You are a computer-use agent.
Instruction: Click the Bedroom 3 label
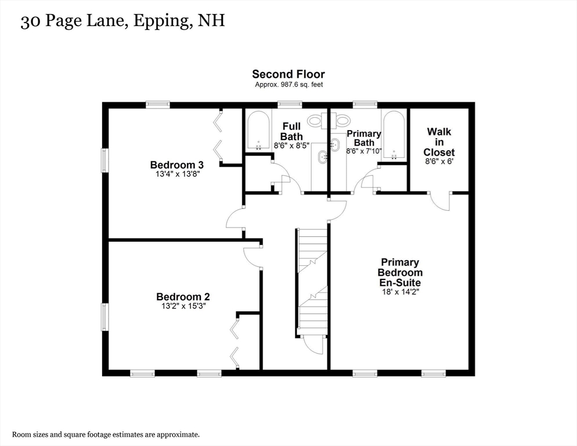pos(177,164)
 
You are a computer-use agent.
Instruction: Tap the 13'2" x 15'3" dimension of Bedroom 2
pos(183,306)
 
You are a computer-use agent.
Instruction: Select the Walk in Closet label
pos(439,142)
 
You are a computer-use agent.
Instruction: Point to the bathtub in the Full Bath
pos(258,131)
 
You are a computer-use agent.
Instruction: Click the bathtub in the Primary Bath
pos(394,135)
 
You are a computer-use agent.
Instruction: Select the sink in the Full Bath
pos(324,157)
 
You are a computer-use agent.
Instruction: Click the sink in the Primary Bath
pos(335,145)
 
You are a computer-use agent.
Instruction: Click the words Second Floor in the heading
pos(288,74)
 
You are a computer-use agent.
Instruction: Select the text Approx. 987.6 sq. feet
pos(289,84)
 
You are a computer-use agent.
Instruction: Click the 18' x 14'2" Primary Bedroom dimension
pos(400,292)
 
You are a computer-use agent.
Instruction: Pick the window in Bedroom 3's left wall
pos(105,160)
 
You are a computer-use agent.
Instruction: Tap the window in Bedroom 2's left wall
pos(105,316)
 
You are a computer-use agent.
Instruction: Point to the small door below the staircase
pos(313,345)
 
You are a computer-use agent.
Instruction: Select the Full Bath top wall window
pos(290,105)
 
